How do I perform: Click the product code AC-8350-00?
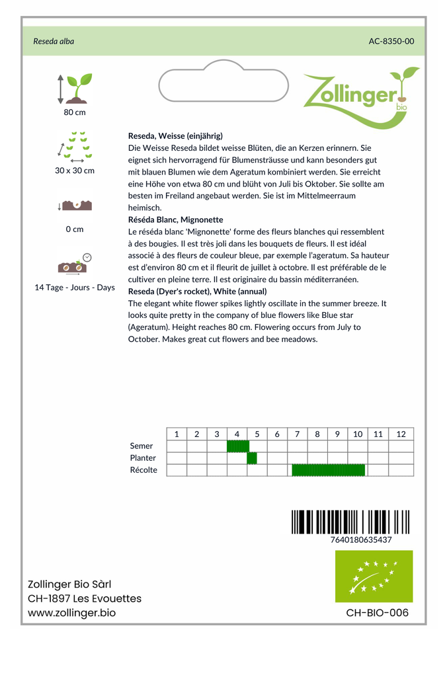pyautogui.click(x=391, y=41)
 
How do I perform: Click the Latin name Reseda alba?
pyautogui.click(x=54, y=41)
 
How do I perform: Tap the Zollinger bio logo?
pyautogui.click(x=360, y=97)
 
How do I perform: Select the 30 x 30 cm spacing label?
pyautogui.click(x=75, y=171)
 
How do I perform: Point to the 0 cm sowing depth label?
pyautogui.click(x=75, y=229)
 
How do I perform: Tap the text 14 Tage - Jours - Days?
pyautogui.click(x=75, y=288)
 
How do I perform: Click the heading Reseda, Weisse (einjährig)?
pyautogui.click(x=175, y=136)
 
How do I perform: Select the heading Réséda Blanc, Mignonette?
pyautogui.click(x=176, y=219)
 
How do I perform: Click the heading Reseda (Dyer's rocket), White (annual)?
pyautogui.click(x=197, y=291)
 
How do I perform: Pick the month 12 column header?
pyautogui.click(x=401, y=434)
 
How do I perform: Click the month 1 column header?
pyautogui.click(x=177, y=434)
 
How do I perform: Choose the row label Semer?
pyautogui.click(x=142, y=446)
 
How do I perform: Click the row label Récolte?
pyautogui.click(x=143, y=470)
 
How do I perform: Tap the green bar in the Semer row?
pyautogui.click(x=237, y=446)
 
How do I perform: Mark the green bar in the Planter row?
pyautogui.click(x=252, y=458)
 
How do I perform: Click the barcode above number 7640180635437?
pyautogui.click(x=350, y=522)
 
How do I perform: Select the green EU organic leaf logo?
pyautogui.click(x=374, y=576)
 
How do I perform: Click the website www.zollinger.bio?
pyautogui.click(x=71, y=613)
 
